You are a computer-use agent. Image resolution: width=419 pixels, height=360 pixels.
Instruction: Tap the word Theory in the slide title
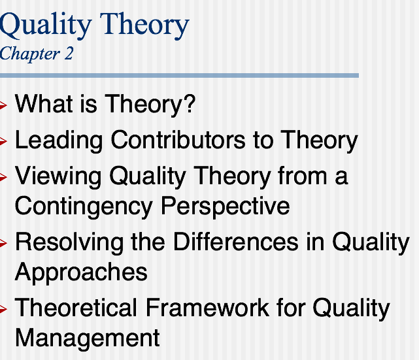click(140, 25)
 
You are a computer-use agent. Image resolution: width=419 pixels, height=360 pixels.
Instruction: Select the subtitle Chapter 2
click(37, 54)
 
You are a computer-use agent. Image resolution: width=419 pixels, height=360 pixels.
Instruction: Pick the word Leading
click(59, 140)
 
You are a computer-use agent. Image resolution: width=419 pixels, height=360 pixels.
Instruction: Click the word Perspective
click(226, 206)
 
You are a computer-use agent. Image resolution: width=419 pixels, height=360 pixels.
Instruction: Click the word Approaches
click(80, 272)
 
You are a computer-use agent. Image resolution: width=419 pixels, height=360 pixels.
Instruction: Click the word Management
click(87, 337)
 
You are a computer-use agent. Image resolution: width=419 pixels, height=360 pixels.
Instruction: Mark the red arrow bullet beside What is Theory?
click(4, 105)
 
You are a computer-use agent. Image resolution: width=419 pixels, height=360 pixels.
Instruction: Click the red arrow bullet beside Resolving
click(4, 243)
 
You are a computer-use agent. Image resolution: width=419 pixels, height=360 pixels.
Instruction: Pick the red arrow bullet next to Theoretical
click(4, 308)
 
